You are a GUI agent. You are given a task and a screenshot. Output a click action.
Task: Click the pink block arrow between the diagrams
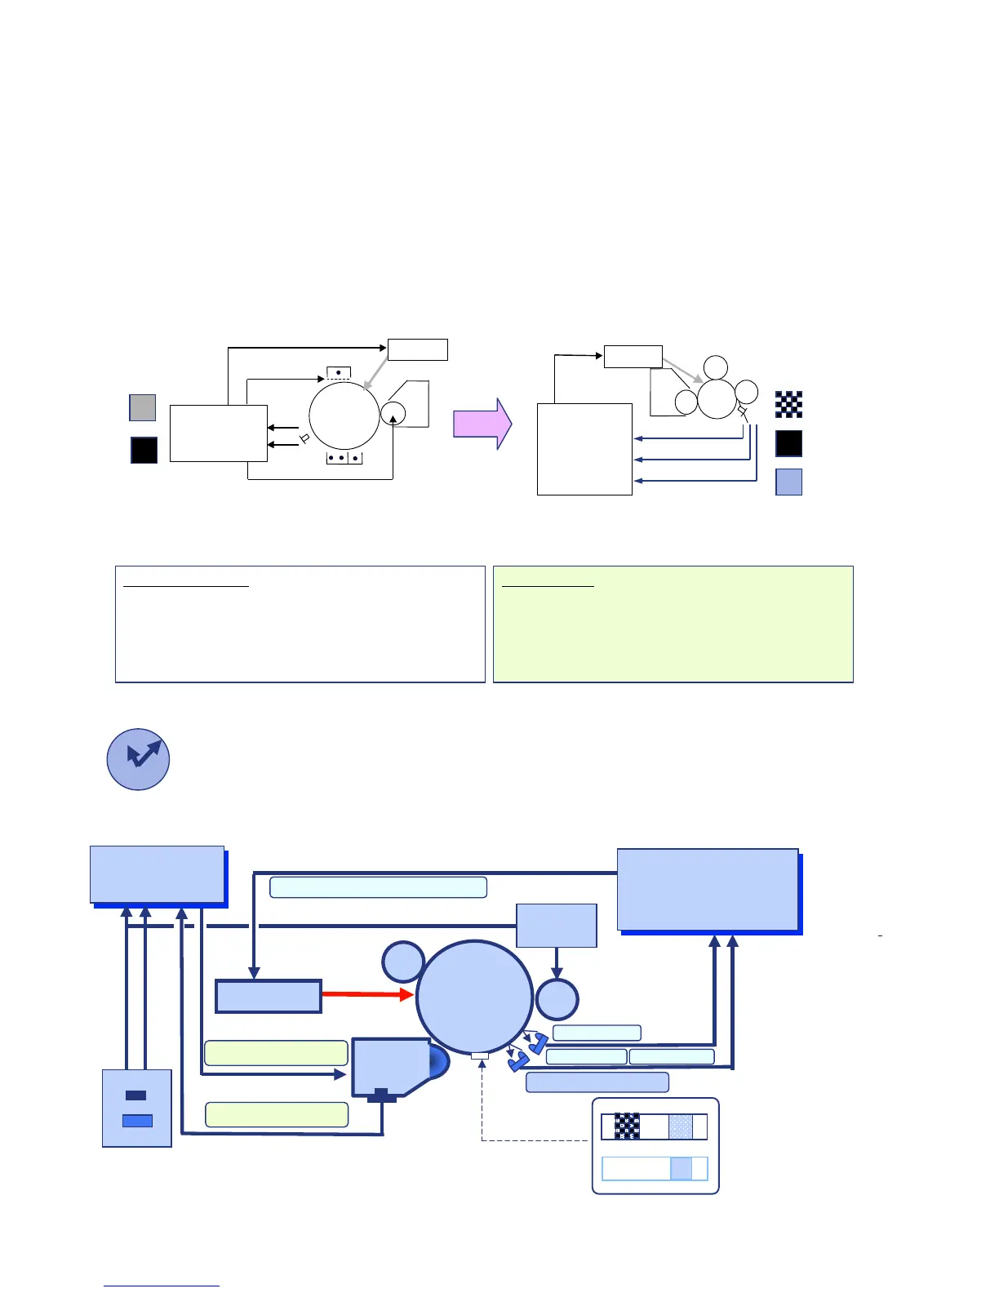point(482,424)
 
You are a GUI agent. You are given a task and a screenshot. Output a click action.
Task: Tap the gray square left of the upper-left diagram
point(143,407)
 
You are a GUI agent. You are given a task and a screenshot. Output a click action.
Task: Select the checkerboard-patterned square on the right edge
point(788,404)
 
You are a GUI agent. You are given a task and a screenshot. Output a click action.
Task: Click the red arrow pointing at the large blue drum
point(367,994)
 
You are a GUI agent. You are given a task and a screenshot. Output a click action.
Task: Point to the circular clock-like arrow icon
point(138,759)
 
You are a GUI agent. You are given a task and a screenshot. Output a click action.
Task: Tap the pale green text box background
point(673,624)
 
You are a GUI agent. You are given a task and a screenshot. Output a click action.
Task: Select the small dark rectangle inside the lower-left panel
point(136,1095)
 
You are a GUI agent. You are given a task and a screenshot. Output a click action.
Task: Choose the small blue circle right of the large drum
point(557,998)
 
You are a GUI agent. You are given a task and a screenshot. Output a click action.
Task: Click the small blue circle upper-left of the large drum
point(403,962)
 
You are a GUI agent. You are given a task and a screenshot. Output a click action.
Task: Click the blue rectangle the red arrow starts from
point(268,996)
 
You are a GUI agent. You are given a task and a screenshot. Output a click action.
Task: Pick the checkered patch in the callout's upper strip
point(627,1126)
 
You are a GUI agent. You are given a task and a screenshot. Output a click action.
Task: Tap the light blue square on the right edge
point(788,482)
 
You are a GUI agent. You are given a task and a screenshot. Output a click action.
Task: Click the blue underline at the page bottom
point(161,1286)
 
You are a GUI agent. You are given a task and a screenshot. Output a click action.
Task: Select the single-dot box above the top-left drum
point(338,373)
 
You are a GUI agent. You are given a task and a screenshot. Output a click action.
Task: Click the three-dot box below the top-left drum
point(344,458)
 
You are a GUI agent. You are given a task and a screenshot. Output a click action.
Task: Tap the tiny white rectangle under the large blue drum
point(480,1055)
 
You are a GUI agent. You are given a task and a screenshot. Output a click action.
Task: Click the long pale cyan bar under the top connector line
point(378,887)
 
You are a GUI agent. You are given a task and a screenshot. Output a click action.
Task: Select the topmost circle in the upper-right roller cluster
point(716,367)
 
